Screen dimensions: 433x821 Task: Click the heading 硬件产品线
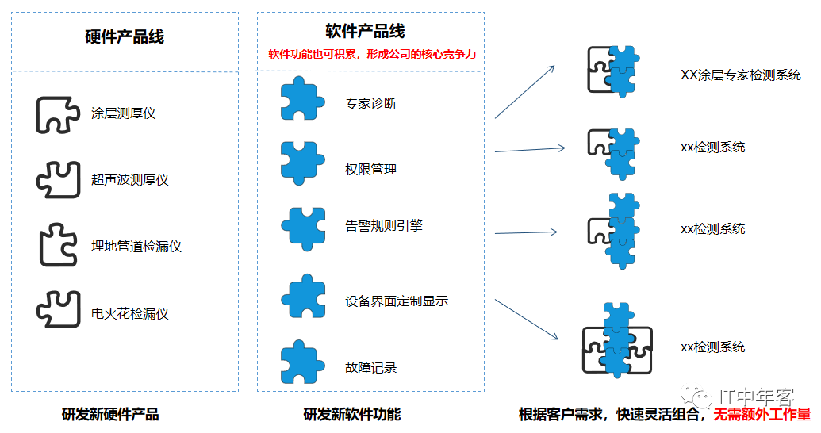click(125, 37)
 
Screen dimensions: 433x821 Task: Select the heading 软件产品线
click(366, 31)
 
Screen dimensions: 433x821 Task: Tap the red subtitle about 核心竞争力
click(371, 55)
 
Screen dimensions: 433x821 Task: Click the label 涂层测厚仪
click(123, 113)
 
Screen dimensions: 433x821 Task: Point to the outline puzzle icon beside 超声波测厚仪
click(59, 179)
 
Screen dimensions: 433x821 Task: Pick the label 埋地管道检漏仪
click(136, 247)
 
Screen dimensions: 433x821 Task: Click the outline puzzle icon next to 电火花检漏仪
click(59, 308)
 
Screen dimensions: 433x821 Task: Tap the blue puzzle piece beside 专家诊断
click(302, 99)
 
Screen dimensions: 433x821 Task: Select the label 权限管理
click(370, 169)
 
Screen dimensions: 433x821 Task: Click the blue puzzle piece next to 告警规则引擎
click(303, 225)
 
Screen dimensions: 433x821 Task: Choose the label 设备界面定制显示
click(397, 301)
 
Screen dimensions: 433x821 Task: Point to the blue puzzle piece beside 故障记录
click(302, 362)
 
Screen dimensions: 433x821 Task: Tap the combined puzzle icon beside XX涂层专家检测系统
click(612, 71)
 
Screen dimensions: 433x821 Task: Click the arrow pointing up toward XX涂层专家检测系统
click(525, 92)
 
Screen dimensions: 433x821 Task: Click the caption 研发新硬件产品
click(110, 415)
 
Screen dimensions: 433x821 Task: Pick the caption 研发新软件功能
click(351, 415)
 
